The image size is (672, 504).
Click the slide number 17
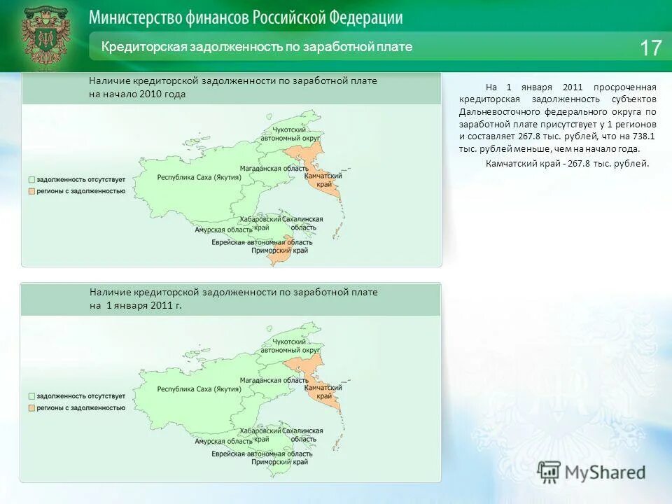650,48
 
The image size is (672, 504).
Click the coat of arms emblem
45,36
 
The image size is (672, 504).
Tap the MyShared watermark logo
592,472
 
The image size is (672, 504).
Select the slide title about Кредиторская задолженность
257,47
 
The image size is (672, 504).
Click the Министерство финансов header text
246,17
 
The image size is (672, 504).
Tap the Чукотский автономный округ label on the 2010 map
290,134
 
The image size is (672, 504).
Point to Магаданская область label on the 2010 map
274,169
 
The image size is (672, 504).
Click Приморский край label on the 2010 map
280,250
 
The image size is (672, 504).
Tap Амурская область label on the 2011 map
224,441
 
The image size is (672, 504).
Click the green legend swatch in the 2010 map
31,180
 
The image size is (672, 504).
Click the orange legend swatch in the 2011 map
31,407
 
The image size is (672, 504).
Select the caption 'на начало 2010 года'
137,94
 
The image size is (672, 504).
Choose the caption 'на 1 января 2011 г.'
136,306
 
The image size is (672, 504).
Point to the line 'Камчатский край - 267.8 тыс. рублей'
567,163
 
